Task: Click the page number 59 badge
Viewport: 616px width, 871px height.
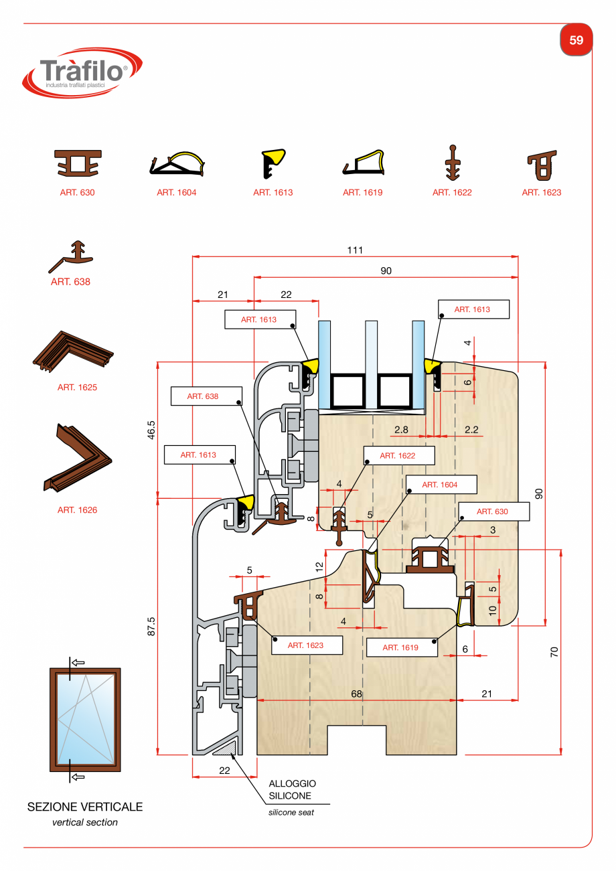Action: pyautogui.click(x=576, y=40)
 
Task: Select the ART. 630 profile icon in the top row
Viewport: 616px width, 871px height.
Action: pyautogui.click(x=78, y=164)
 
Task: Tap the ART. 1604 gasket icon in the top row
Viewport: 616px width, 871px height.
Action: pyautogui.click(x=176, y=163)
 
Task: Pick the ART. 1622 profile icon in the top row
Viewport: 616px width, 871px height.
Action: pyautogui.click(x=453, y=163)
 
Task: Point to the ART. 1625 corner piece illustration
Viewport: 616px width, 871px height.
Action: pyautogui.click(x=72, y=350)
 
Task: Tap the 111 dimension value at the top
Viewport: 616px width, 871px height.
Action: pyautogui.click(x=355, y=250)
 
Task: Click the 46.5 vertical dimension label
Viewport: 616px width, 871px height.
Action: pyautogui.click(x=151, y=429)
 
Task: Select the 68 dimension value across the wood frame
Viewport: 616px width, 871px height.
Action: pyautogui.click(x=356, y=694)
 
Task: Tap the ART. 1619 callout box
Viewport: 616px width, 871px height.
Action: pyautogui.click(x=400, y=647)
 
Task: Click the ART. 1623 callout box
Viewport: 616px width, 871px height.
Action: pyautogui.click(x=305, y=645)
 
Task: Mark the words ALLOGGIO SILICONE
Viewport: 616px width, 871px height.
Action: pyautogui.click(x=292, y=789)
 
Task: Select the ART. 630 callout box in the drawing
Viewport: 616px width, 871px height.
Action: pyautogui.click(x=492, y=511)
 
